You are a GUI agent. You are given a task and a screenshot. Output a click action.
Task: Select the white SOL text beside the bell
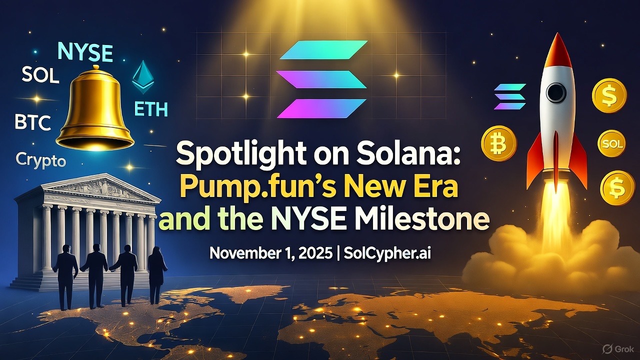click(40, 75)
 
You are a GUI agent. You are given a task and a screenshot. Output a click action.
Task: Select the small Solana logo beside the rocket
click(510, 96)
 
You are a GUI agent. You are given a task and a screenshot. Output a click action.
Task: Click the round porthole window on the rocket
click(555, 93)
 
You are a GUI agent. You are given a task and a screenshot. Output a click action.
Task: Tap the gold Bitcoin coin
click(498, 142)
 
